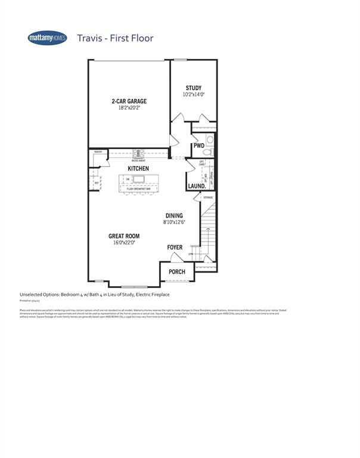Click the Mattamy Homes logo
click(x=48, y=38)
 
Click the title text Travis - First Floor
click(x=115, y=38)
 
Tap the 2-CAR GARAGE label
click(x=129, y=101)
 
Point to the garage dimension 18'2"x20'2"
click(x=129, y=109)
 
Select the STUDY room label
click(x=194, y=88)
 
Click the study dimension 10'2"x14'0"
click(x=194, y=95)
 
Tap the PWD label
click(x=198, y=146)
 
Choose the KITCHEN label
click(x=138, y=169)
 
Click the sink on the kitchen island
click(x=141, y=180)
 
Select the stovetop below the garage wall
click(x=138, y=154)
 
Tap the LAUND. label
click(x=197, y=186)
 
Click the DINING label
click(x=174, y=216)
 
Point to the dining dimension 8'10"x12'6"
click(x=174, y=222)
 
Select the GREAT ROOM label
click(x=124, y=236)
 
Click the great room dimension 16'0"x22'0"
click(x=124, y=243)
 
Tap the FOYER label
click(x=175, y=246)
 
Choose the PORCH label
click(x=177, y=272)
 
